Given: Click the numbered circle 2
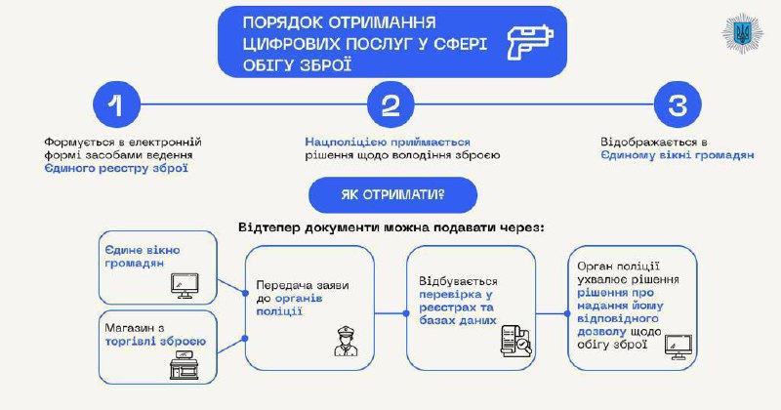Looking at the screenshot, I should pos(390,106).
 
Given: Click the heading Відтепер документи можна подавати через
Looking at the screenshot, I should pos(390,227).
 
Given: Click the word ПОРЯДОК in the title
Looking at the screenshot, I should pos(276,21).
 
